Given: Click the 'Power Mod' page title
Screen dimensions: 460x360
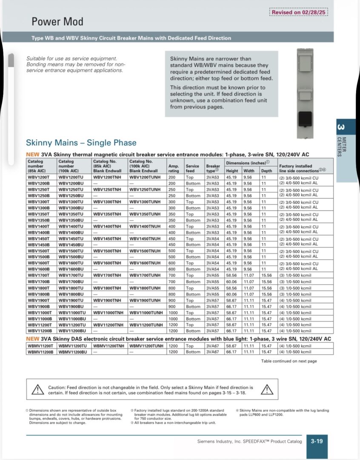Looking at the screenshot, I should pyautogui.click(x=57, y=21).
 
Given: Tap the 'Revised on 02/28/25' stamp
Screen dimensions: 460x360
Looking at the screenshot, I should pyautogui.click(x=299, y=12).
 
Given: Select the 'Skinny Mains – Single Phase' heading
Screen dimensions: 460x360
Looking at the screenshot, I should pyautogui.click(x=81, y=143).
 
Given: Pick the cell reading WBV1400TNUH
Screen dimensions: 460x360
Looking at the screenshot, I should pyautogui.click(x=145, y=226).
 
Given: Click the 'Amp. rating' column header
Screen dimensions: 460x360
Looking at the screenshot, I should pyautogui.click(x=174, y=168).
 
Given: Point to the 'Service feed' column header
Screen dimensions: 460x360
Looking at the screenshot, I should pyautogui.click(x=192, y=168).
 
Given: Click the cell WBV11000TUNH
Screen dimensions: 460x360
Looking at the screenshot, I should pyautogui.click(x=146, y=312).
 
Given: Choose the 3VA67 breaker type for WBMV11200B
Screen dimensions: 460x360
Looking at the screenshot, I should pyautogui.click(x=212, y=352).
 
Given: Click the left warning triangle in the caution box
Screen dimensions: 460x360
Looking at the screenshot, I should pyautogui.click(x=38, y=389).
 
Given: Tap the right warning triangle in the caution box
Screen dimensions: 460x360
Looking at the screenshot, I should pyautogui.click(x=266, y=389).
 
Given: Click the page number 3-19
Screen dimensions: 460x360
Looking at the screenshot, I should pyautogui.click(x=317, y=441).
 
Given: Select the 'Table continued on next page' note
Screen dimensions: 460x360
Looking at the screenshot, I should pyautogui.click(x=289, y=361).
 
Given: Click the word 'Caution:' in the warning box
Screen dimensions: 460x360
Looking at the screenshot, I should pyautogui.click(x=57, y=387).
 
